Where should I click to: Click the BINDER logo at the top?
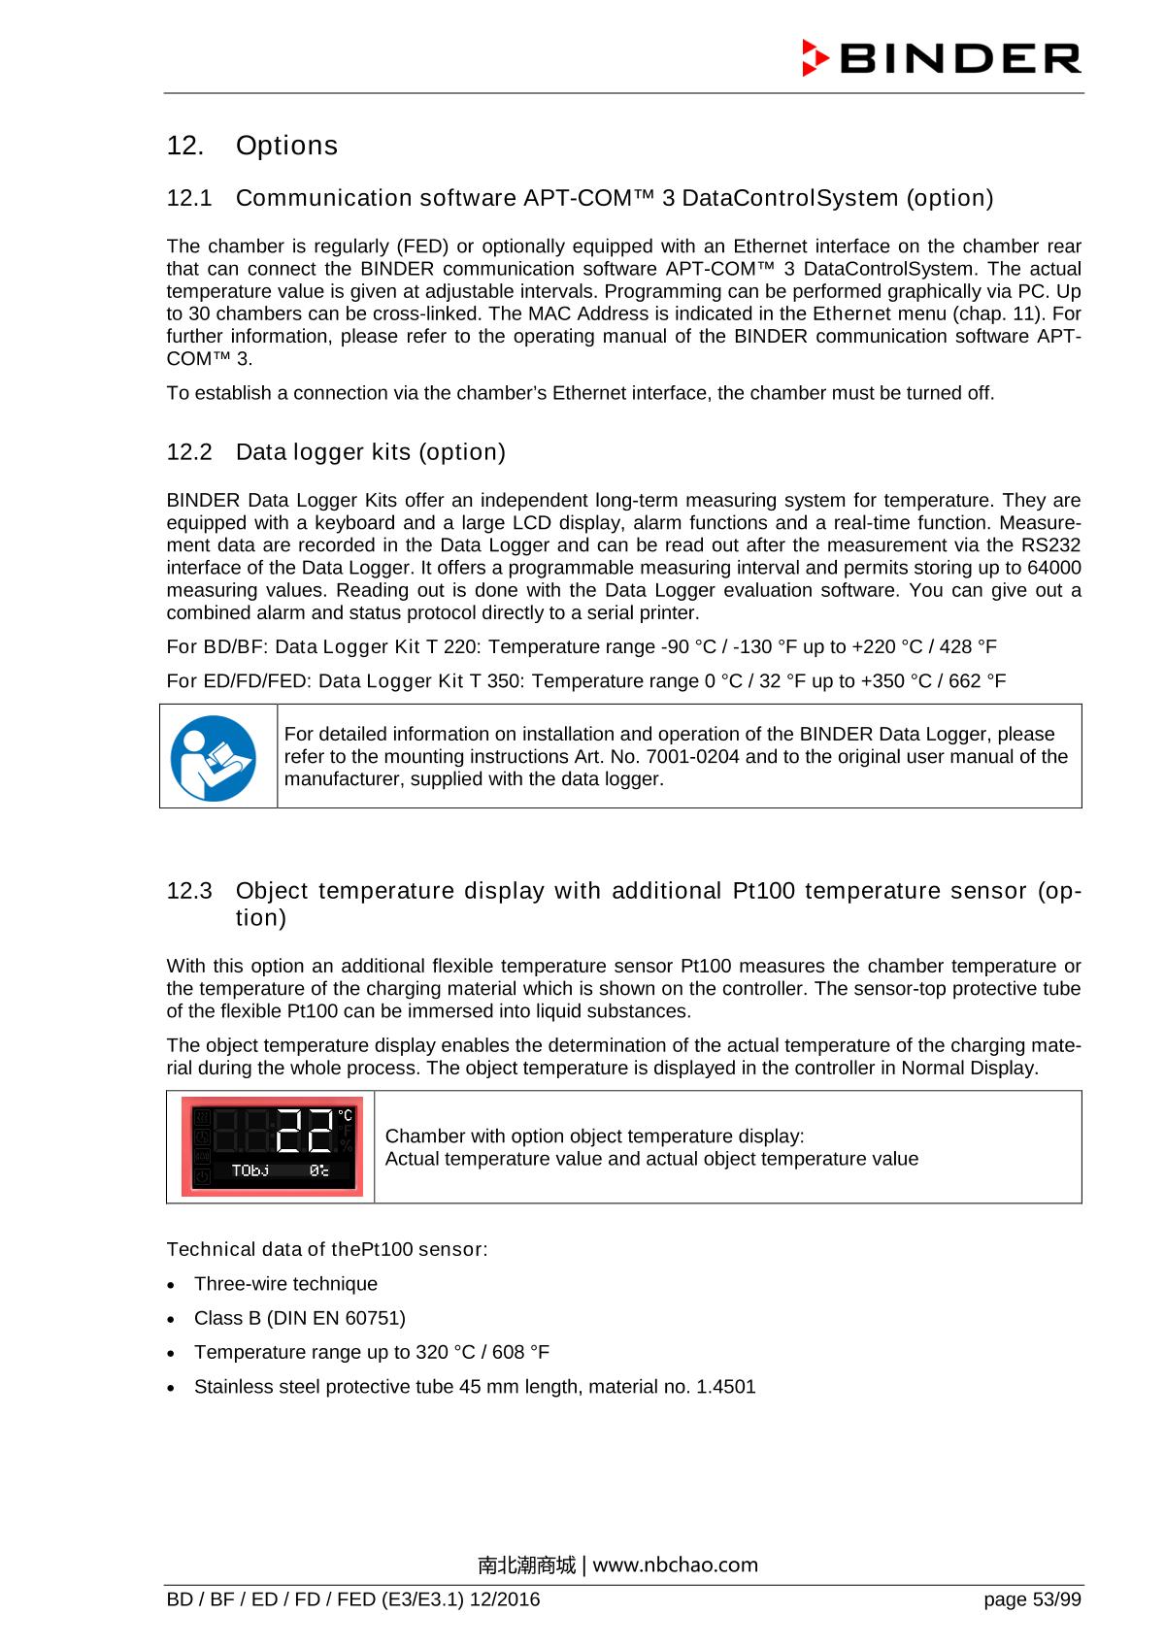tap(941, 58)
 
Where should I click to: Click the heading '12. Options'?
tap(252, 146)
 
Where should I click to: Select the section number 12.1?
tap(189, 199)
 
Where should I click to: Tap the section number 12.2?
tap(189, 452)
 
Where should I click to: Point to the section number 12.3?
tap(189, 891)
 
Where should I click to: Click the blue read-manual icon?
tap(213, 758)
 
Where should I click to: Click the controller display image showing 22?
tap(272, 1147)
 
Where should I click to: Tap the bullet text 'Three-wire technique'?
tap(285, 1284)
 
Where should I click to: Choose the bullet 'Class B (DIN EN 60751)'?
tap(299, 1318)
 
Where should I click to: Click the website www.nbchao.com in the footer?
tap(676, 1565)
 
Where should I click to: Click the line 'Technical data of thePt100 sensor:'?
tap(327, 1249)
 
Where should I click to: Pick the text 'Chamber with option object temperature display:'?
tap(594, 1136)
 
